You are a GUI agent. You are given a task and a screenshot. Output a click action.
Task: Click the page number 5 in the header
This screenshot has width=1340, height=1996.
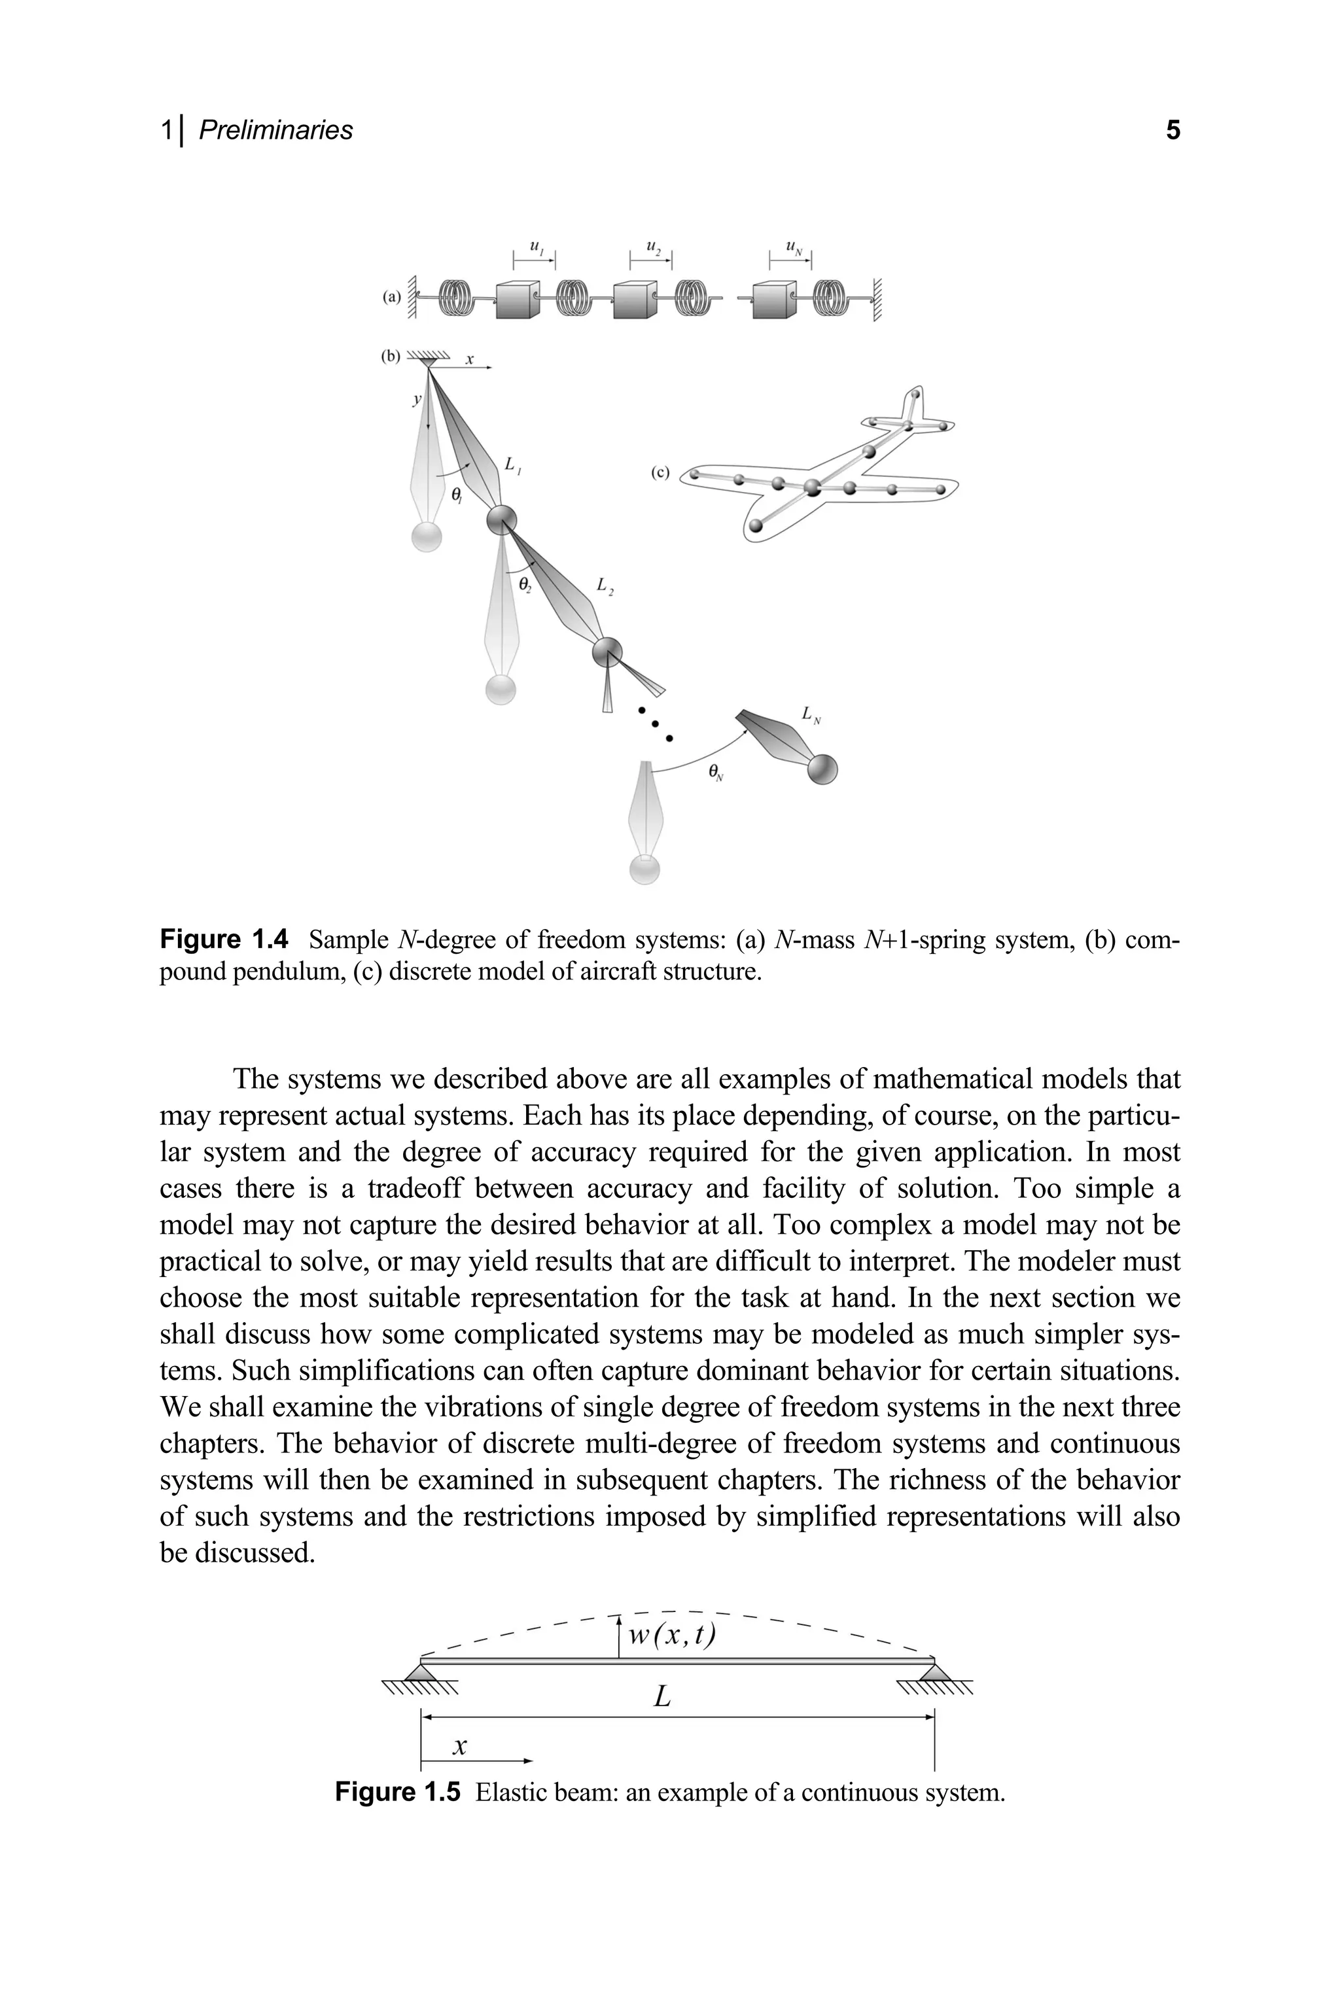pos(1172,130)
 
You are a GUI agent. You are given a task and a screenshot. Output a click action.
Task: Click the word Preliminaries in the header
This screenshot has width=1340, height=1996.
pos(275,130)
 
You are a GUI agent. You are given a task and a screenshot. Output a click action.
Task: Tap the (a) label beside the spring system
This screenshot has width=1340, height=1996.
pos(391,298)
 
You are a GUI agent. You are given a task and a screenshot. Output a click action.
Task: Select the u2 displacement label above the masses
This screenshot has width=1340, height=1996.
pos(654,249)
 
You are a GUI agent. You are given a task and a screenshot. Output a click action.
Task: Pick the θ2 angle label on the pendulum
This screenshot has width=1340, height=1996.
pos(525,584)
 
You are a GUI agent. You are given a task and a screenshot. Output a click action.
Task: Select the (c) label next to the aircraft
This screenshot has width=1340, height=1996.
pos(660,472)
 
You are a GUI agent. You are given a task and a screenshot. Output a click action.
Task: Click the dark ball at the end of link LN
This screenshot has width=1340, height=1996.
pos(822,769)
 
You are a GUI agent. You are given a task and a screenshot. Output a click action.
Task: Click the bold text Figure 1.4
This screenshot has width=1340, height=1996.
pos(224,940)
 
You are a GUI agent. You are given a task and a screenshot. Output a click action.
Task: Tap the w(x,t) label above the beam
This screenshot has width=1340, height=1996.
pos(672,1635)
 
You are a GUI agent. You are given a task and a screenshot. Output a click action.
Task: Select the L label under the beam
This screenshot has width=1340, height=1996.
pos(661,1696)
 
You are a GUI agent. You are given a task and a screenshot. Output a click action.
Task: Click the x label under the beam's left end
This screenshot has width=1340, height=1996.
pos(460,1745)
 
